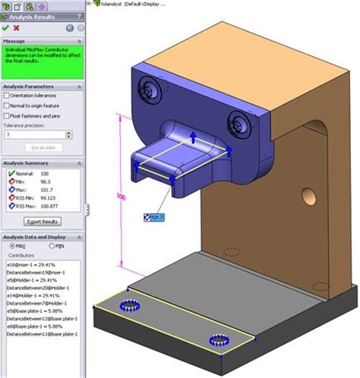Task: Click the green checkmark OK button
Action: coord(6,27)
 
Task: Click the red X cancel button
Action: coord(17,27)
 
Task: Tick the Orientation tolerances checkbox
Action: coord(6,96)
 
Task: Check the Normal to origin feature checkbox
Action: coord(6,106)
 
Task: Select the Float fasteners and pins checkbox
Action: coord(6,115)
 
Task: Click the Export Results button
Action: coord(43,222)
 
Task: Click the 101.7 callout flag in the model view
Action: coord(153,217)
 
